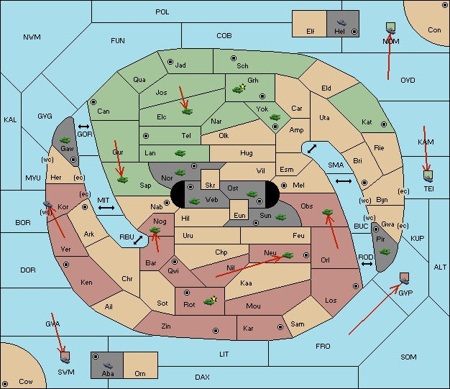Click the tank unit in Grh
click(x=238, y=90)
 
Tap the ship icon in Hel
click(x=341, y=22)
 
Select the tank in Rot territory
click(x=209, y=301)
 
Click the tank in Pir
click(x=385, y=252)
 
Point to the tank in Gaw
click(x=65, y=140)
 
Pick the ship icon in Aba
click(x=108, y=365)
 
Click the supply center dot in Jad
click(x=170, y=62)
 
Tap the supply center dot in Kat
click(x=384, y=124)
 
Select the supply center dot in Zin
click(x=216, y=331)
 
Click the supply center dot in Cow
click(x=5, y=383)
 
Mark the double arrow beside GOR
click(x=83, y=127)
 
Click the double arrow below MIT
click(x=106, y=208)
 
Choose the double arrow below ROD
click(x=367, y=264)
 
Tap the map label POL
click(x=162, y=12)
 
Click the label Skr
click(x=210, y=186)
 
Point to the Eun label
click(x=239, y=215)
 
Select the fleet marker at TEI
click(x=428, y=176)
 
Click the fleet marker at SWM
click(x=65, y=357)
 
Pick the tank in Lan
click(x=180, y=153)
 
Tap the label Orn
click(x=140, y=373)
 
